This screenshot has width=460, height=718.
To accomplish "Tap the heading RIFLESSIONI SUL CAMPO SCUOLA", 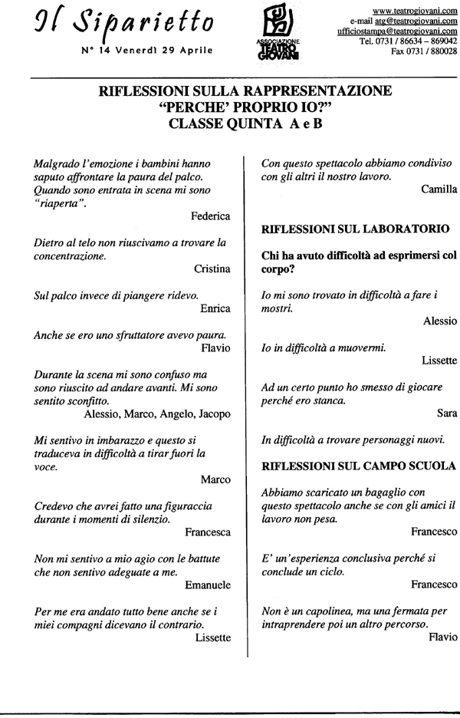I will click(359, 465).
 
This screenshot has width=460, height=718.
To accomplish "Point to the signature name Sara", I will click(446, 414).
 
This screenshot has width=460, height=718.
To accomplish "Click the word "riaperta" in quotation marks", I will click(61, 203).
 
